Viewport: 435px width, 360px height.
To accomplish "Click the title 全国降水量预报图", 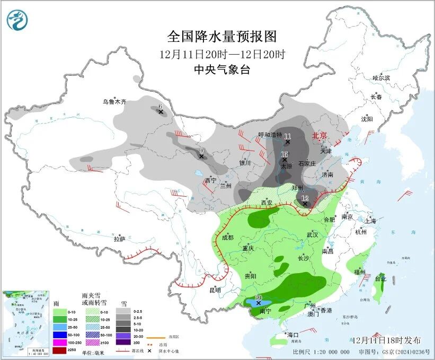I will pyautogui.click(x=222, y=37).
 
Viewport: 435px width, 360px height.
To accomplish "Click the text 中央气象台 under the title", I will pyautogui.click(x=222, y=69).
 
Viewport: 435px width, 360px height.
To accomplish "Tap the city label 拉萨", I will pyautogui.click(x=119, y=239).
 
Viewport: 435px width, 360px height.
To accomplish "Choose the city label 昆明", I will pyautogui.click(x=215, y=290).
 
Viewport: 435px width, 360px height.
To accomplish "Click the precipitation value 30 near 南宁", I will pyautogui.click(x=259, y=297).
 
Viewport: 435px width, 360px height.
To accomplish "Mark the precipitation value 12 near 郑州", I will pyautogui.click(x=305, y=198).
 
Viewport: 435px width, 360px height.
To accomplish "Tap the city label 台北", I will pyautogui.click(x=380, y=278).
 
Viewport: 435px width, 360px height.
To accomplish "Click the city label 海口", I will pyautogui.click(x=293, y=335).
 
